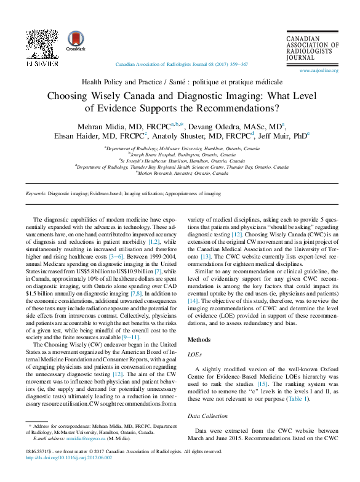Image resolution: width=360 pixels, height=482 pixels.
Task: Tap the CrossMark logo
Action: coord(76,41)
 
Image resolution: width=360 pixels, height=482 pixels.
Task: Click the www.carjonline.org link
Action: coord(319,71)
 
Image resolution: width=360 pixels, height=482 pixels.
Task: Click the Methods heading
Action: coord(198,339)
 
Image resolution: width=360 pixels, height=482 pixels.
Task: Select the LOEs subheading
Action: coord(194,355)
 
